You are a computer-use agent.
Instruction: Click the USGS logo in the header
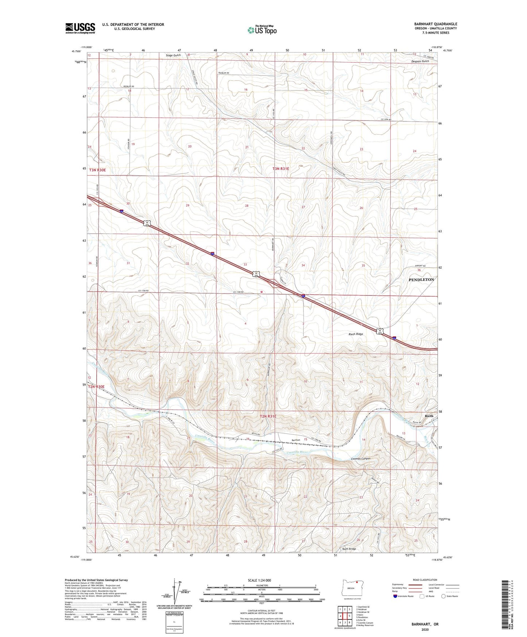pyautogui.click(x=80, y=28)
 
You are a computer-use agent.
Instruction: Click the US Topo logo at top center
pyautogui.click(x=261, y=30)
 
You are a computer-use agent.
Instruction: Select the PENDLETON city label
pyautogui.click(x=421, y=279)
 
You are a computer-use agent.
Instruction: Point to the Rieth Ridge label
pyautogui.click(x=355, y=334)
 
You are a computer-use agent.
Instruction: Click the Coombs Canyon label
pyautogui.click(x=360, y=459)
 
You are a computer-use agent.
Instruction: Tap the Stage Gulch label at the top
pyautogui.click(x=173, y=55)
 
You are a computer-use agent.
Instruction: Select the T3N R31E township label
pyautogui.click(x=281, y=169)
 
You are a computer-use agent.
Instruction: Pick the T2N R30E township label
pyautogui.click(x=96, y=387)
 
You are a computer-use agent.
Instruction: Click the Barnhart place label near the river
pyautogui.click(x=296, y=440)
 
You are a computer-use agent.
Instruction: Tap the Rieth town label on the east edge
pyautogui.click(x=429, y=416)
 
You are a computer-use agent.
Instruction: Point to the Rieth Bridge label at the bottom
pyautogui.click(x=349, y=549)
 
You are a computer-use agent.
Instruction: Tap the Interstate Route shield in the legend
pyautogui.click(x=395, y=596)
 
